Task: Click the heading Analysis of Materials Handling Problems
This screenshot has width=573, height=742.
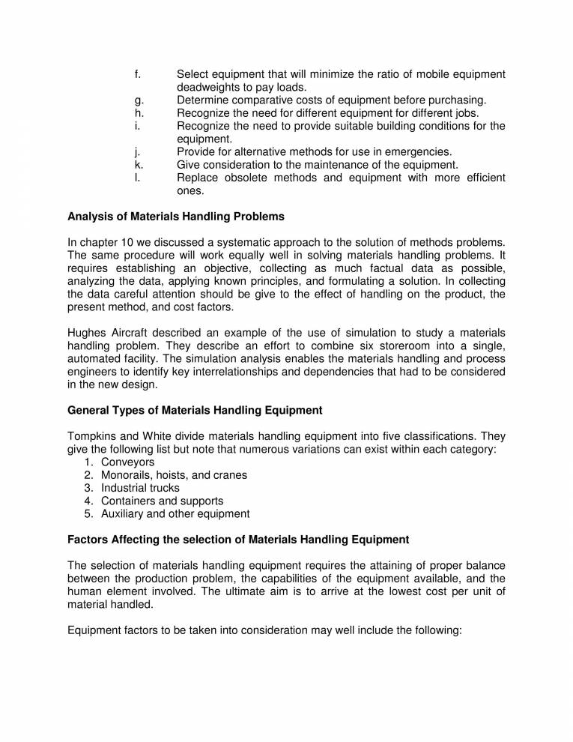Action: point(176,217)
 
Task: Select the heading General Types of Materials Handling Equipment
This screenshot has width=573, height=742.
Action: point(195,410)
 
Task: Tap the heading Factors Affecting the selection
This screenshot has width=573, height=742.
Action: point(238,539)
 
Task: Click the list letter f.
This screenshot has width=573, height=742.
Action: point(137,74)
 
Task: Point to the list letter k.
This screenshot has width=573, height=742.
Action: point(138,165)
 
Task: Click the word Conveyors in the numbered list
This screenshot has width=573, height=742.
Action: point(128,462)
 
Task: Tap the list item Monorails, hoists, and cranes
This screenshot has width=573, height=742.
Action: point(174,475)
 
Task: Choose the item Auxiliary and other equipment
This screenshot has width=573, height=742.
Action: point(175,514)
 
